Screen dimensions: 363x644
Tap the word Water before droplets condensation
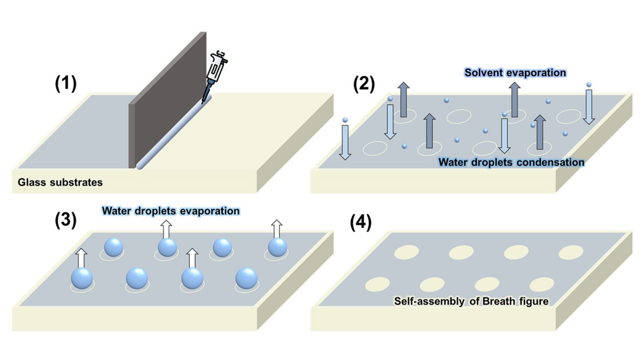tap(453, 162)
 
